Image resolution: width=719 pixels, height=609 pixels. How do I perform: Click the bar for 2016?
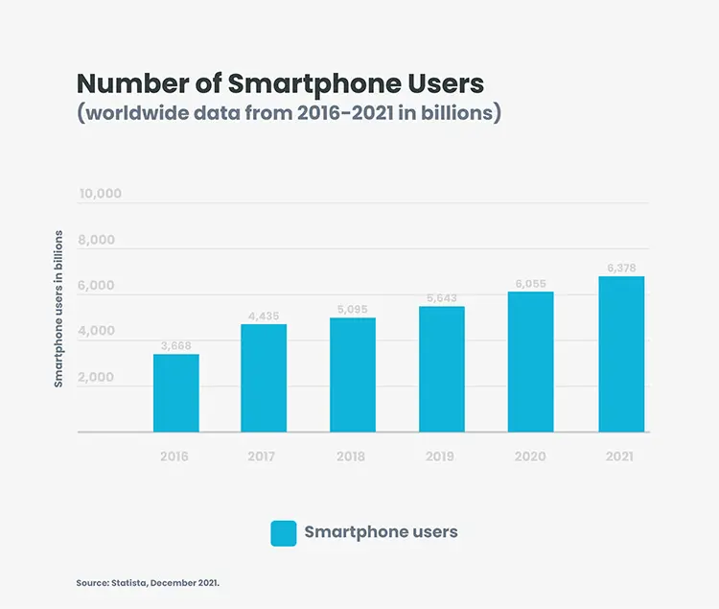coord(176,393)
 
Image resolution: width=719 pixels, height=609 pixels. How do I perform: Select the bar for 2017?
coord(264,378)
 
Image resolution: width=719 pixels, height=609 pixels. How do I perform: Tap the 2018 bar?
coord(353,375)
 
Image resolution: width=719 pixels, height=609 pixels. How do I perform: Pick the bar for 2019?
coord(442,369)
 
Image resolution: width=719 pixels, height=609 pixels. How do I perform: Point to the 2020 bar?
coord(531,362)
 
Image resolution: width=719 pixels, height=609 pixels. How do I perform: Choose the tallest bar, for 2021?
coord(621,354)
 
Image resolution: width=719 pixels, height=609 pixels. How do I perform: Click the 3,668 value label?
coord(176,345)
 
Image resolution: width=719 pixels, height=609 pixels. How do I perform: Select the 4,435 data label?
coord(264,315)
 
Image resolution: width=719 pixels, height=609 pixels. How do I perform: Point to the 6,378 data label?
coord(621,268)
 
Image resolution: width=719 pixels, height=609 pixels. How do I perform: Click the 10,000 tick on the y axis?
coord(101,194)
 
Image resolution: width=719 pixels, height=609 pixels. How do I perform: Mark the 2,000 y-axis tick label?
coord(96,377)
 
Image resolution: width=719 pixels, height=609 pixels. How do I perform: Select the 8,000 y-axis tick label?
coord(96,240)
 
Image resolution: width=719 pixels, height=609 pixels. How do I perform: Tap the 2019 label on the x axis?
coord(442,457)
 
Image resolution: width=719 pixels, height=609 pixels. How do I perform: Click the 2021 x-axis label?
coord(621,457)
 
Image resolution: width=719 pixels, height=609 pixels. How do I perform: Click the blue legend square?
coord(284,533)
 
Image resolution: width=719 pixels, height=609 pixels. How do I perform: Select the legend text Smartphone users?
coord(381,531)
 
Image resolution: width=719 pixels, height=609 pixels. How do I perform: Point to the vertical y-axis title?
coord(58,308)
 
